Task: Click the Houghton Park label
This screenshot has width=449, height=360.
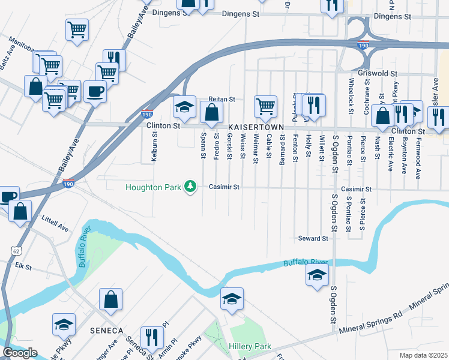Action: [x=153, y=187]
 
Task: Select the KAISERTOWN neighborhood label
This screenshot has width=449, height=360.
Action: [x=252, y=128]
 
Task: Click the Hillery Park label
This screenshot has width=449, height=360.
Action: [x=250, y=346]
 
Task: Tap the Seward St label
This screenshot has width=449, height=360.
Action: [x=313, y=238]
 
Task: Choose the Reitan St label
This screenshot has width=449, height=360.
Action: [x=221, y=99]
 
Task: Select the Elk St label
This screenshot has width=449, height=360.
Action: [x=23, y=265]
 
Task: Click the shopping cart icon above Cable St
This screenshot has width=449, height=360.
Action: [x=265, y=106]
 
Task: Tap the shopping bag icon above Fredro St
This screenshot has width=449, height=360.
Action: [x=212, y=112]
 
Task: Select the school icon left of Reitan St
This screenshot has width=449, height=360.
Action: [x=185, y=107]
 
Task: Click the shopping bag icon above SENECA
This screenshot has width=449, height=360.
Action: [x=110, y=299]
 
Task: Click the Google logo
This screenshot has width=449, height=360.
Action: [x=20, y=353]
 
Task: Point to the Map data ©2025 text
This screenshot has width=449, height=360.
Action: [x=423, y=355]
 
